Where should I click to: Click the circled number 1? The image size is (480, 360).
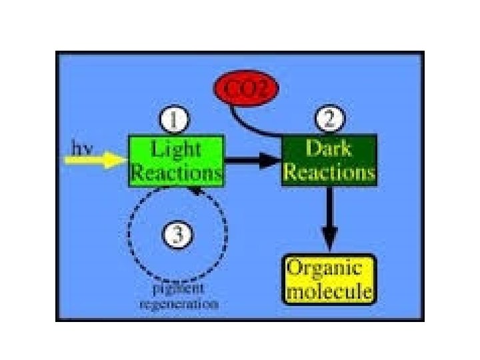(174, 121)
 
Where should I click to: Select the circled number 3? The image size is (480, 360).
(177, 235)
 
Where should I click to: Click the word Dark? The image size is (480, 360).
(329, 148)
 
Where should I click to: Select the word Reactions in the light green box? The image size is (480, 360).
(177, 173)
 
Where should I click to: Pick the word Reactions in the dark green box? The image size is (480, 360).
(329, 172)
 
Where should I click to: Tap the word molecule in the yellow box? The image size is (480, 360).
(329, 292)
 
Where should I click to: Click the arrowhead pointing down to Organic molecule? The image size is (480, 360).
(329, 236)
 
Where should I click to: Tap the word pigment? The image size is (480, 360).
(178, 289)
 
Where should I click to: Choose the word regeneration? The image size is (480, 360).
(178, 305)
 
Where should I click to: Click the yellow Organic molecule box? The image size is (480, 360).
(329, 280)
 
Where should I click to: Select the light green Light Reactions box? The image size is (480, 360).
(177, 160)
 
